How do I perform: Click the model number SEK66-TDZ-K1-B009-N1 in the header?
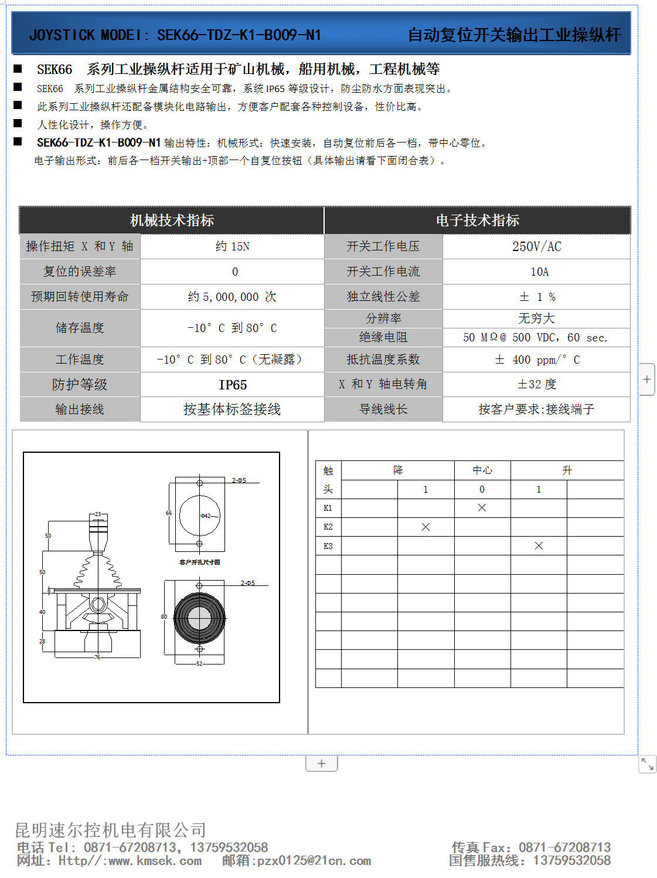coord(239,35)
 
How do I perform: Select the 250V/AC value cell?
coord(536,246)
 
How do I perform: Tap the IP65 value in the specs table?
coord(233,385)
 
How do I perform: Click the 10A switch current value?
coord(539,272)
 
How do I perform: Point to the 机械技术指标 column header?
coord(172,221)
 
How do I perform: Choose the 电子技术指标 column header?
coord(477,221)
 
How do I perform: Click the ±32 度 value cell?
coord(536,384)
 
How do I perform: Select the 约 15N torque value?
coord(233,246)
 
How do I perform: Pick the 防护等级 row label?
coord(80,385)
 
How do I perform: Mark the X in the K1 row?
coord(482,508)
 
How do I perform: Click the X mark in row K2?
coord(425,527)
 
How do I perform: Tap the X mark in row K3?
coord(539,546)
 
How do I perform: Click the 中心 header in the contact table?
coord(482,470)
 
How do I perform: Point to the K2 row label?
coord(328,527)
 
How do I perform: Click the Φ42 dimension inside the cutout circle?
coord(206,516)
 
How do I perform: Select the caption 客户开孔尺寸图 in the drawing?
coord(199,562)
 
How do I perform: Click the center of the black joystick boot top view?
coord(199,618)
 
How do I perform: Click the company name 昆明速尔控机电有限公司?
coord(110,830)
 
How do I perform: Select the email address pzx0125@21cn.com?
coord(314,861)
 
